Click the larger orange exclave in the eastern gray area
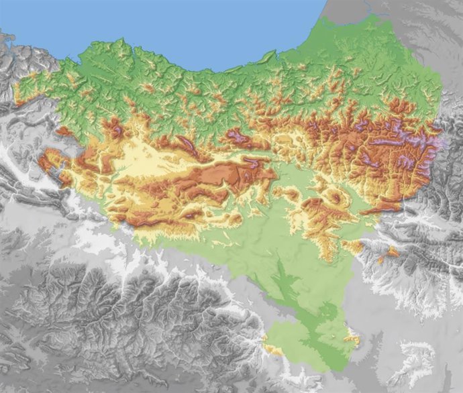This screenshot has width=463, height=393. pyautogui.click(x=393, y=251)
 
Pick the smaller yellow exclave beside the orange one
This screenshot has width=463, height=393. pyautogui.click(x=380, y=260)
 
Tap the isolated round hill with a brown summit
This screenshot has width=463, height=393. pyautogui.click(x=333, y=199)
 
